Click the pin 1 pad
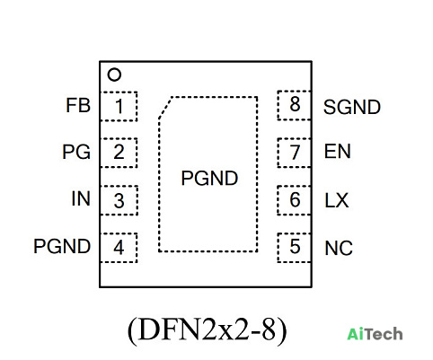[119, 106]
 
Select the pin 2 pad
[119, 153]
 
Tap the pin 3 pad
[119, 200]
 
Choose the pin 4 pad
[119, 248]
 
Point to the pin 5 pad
[295, 248]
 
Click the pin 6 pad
[295, 200]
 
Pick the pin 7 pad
[295, 153]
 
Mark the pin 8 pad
[295, 105]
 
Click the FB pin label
[78, 105]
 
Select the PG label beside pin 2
[76, 152]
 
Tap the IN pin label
[81, 198]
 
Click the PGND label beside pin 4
[62, 246]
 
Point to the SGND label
[352, 107]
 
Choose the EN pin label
[338, 152]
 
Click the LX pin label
[337, 200]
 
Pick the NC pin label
[339, 248]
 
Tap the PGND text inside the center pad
[209, 179]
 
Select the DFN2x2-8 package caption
[208, 330]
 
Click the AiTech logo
[375, 334]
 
